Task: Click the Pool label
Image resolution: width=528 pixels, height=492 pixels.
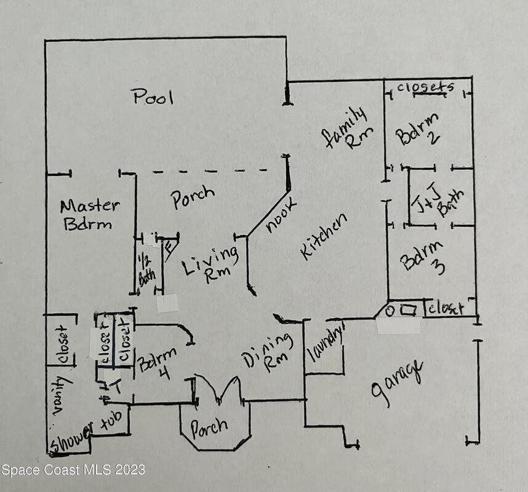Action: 153,97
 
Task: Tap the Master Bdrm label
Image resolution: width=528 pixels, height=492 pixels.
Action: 89,215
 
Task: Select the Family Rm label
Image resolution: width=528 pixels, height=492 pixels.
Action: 346,129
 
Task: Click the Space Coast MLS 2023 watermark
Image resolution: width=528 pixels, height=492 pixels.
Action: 73,470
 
